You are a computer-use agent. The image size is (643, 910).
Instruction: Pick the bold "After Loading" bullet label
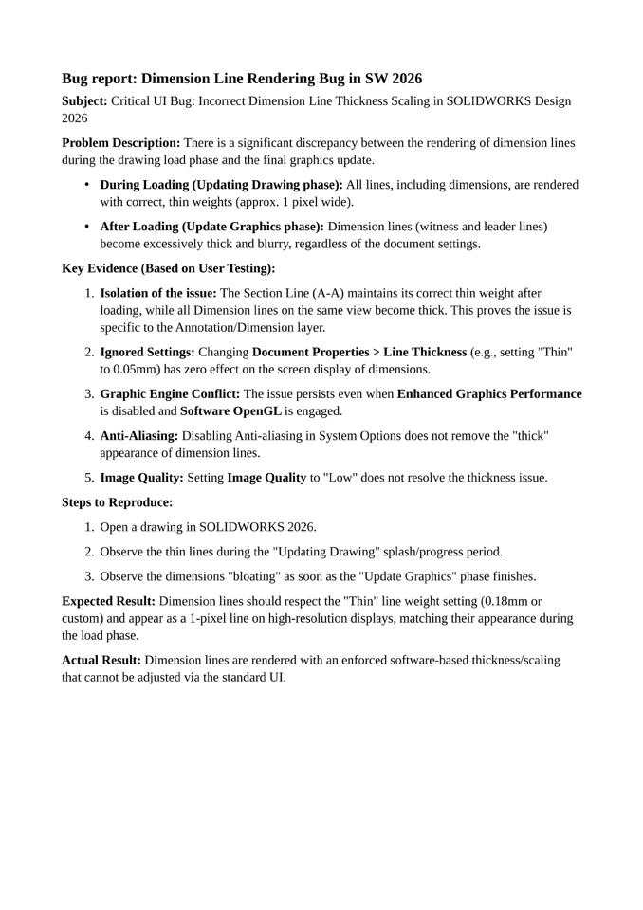(x=140, y=227)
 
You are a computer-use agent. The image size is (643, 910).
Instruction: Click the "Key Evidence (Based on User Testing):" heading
(x=169, y=268)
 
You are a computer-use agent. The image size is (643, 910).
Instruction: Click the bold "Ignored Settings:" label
(x=148, y=353)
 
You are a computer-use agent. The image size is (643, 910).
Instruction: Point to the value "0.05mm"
(x=142, y=369)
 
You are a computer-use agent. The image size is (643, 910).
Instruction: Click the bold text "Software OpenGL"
(x=230, y=410)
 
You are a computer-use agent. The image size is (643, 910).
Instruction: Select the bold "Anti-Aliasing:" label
(x=139, y=435)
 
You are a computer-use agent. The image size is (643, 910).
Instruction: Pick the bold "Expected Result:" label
(x=108, y=601)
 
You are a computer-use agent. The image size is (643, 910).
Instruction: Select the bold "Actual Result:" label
(x=101, y=660)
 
